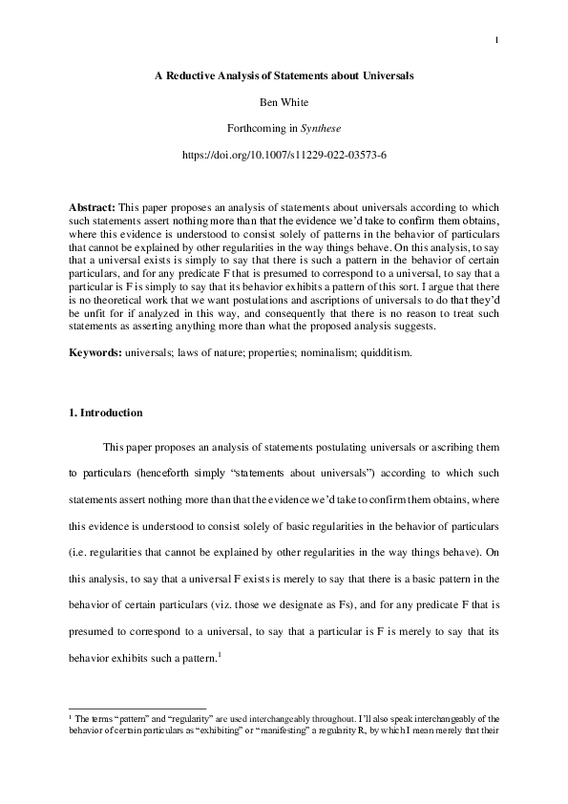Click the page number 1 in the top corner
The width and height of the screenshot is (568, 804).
pyautogui.click(x=498, y=39)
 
